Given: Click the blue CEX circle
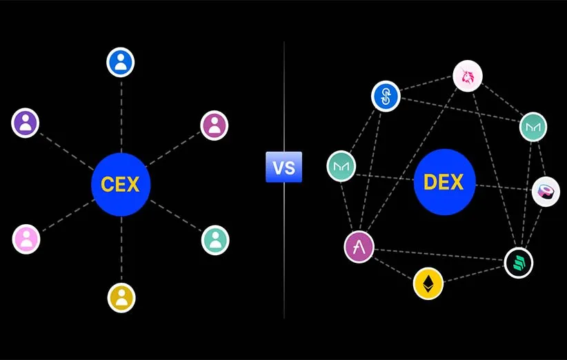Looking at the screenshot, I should pos(121,184).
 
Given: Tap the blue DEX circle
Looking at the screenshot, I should pos(445,182).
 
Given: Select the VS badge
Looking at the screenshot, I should pos(283,167).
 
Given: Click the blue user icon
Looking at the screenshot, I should pos(121,62).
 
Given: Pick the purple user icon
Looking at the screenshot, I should pos(26,123).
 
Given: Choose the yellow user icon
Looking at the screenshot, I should pos(121,297).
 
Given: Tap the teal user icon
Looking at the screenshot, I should pos(215,240).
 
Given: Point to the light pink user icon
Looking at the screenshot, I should pos(26,239).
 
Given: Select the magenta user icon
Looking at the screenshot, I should pos(215,125).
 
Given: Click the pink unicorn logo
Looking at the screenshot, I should pos(468,76).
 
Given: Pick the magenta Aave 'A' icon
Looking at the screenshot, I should pos(359,247).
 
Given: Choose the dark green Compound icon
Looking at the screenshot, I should pos(518,263).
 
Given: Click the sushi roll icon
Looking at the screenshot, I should pos(546,191).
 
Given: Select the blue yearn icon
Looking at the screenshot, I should pos(386,96).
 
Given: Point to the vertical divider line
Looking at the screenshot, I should pos(284,262).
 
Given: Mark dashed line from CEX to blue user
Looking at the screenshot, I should pos(121,114).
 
